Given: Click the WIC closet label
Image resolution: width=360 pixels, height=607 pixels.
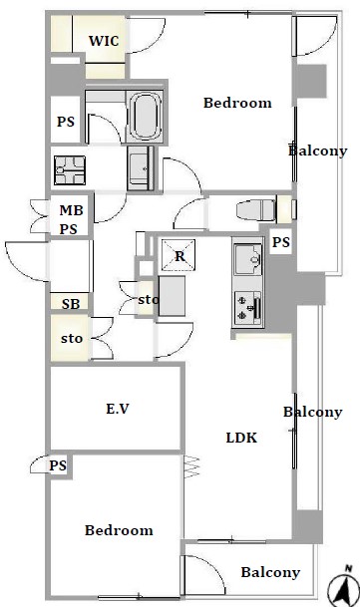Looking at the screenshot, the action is coord(104,41).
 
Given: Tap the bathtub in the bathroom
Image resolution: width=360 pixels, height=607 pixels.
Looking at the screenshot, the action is coord(146,117).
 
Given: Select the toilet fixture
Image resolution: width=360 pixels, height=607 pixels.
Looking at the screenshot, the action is coord(256,210).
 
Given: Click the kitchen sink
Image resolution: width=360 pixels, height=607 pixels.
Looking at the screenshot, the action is coord(247,258).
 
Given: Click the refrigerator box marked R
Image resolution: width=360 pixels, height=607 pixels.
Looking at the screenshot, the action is coord(179,255).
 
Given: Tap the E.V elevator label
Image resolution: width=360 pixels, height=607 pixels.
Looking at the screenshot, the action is coord(118,409).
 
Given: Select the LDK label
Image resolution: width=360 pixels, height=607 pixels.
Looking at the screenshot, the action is coord(241,438).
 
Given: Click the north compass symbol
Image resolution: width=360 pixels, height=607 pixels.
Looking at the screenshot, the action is coord(343,586).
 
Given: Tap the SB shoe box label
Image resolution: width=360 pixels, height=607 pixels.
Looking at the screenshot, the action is coord(71,304).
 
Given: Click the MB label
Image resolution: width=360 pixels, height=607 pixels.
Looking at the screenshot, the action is coord(72,210).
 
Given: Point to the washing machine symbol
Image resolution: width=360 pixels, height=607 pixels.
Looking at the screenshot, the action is coord(70,170).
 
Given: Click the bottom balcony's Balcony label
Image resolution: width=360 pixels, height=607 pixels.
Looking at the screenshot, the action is coord(270,572).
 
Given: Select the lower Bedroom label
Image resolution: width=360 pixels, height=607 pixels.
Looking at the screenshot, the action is coord(119,530).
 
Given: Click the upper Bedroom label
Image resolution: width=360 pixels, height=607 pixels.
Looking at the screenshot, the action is coord(237,103).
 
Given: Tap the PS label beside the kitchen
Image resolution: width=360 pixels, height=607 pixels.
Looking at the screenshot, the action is coord(281,242).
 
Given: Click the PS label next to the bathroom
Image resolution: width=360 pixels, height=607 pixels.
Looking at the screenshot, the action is coord(66,122).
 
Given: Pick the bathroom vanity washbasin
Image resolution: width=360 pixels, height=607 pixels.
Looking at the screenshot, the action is coord(139,168).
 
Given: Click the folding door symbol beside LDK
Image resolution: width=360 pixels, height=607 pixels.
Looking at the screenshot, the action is coord(191,466).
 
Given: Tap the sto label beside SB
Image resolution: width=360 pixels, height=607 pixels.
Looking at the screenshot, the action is coord(72,338).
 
